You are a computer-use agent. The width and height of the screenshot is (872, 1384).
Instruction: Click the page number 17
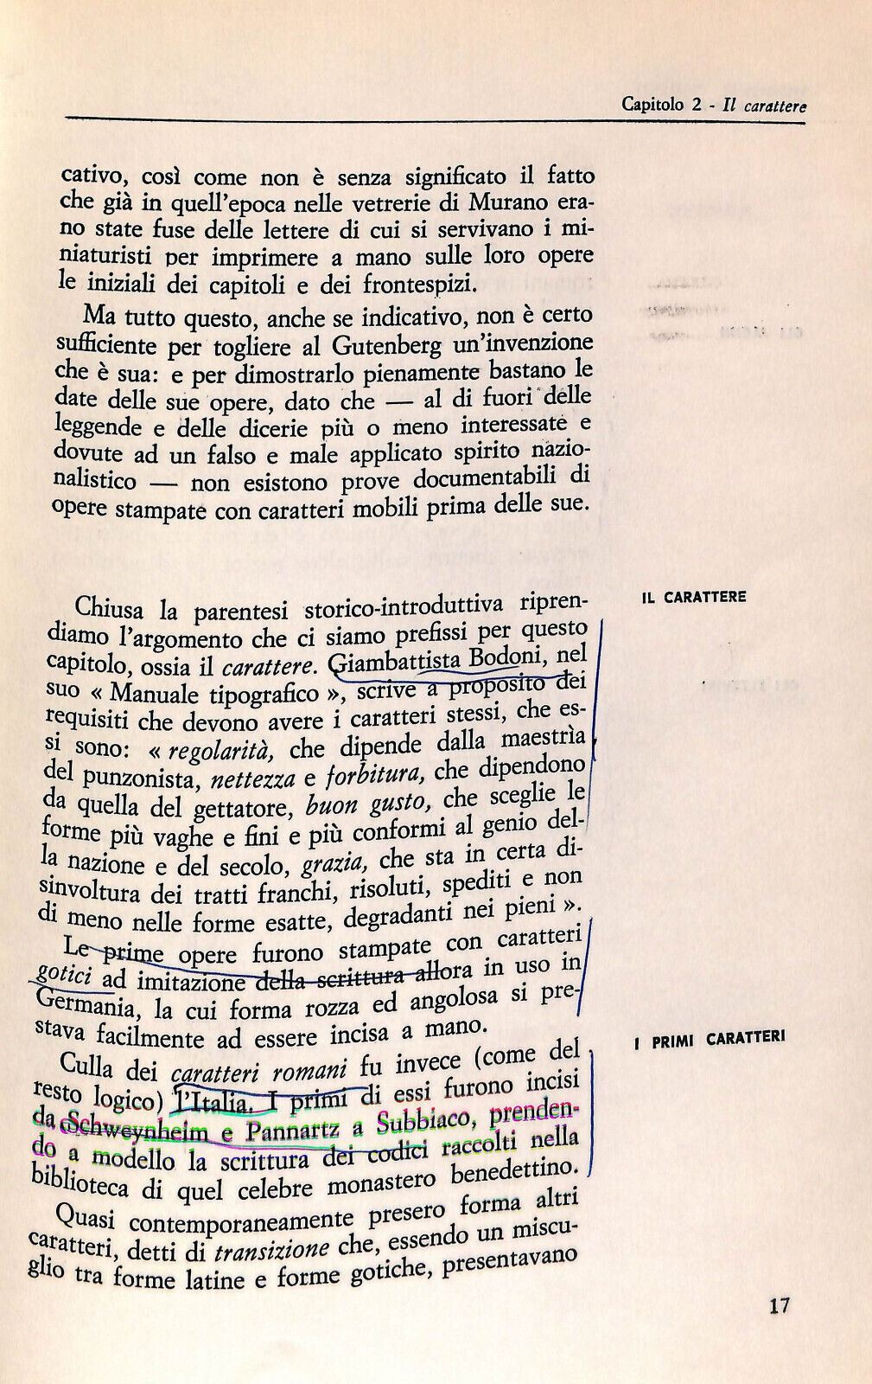pos(779,1305)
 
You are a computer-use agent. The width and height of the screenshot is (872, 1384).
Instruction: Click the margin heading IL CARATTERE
pos(694,597)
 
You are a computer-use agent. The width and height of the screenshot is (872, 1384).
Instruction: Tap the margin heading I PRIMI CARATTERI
pos(709,1041)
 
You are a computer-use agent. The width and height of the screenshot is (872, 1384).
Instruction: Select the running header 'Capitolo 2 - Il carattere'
pos(713,106)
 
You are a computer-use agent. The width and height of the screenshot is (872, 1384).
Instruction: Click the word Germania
pos(83,1006)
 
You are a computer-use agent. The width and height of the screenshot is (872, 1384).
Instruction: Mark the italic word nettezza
pos(254,779)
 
